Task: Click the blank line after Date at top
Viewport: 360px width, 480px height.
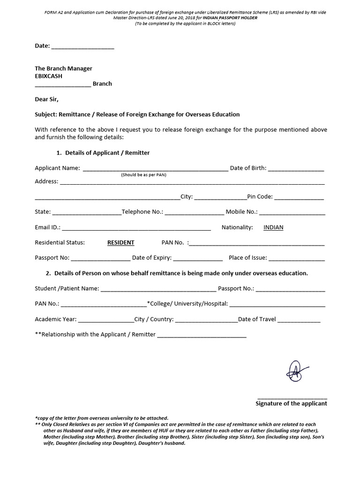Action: pos(82,47)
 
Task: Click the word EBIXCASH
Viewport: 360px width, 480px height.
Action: pos(48,76)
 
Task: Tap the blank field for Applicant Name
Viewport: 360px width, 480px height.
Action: pos(155,169)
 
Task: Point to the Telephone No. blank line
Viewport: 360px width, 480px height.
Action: pos(194,212)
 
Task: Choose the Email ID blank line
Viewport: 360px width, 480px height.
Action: pos(136,228)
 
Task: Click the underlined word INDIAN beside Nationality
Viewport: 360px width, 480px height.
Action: pos(273,228)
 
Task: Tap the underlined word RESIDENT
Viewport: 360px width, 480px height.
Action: pos(120,243)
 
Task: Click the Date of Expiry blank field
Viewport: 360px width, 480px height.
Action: pos(198,258)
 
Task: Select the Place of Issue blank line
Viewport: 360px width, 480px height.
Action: pos(296,258)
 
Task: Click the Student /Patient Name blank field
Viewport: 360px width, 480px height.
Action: pos(158,289)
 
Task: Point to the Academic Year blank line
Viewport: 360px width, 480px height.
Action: pos(106,320)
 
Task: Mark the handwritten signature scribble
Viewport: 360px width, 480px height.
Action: pos(295,371)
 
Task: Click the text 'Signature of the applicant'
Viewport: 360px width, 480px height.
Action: pos(291,404)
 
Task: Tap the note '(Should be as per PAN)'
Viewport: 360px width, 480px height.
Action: pos(143,175)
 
